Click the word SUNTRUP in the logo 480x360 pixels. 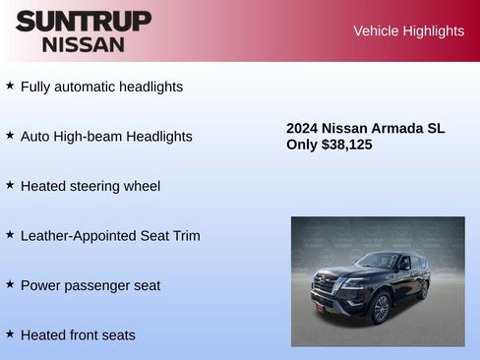click(84, 21)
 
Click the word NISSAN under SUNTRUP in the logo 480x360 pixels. click(84, 44)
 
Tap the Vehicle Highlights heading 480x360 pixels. click(408, 31)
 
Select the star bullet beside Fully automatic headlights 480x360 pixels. click(10, 86)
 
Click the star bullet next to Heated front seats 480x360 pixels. click(10, 334)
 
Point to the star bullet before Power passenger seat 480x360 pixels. click(10, 284)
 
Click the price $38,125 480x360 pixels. click(347, 145)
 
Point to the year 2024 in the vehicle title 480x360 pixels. click(303, 128)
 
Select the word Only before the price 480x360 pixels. click(302, 145)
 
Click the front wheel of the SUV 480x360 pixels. click(381, 308)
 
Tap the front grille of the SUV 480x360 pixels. click(326, 286)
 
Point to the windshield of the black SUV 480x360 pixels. click(375, 261)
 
